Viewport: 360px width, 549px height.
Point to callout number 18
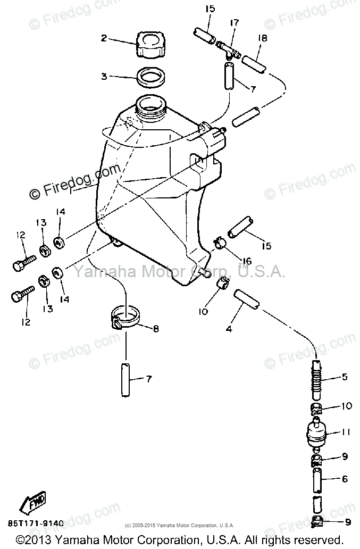coord(263,39)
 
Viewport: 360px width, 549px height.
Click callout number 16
coord(247,261)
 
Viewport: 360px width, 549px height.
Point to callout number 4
coord(229,329)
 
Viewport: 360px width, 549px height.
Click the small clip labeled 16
coord(220,244)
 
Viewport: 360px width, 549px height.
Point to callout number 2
coord(104,38)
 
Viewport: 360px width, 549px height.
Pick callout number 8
coord(156,329)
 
